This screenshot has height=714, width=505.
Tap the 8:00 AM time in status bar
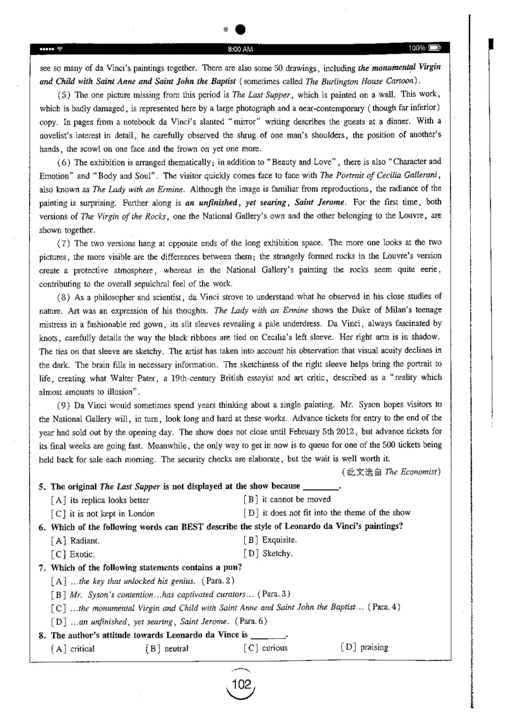tap(241, 49)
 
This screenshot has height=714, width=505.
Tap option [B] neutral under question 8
tap(167, 648)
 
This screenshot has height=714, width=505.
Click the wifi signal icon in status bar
tap(61, 49)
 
